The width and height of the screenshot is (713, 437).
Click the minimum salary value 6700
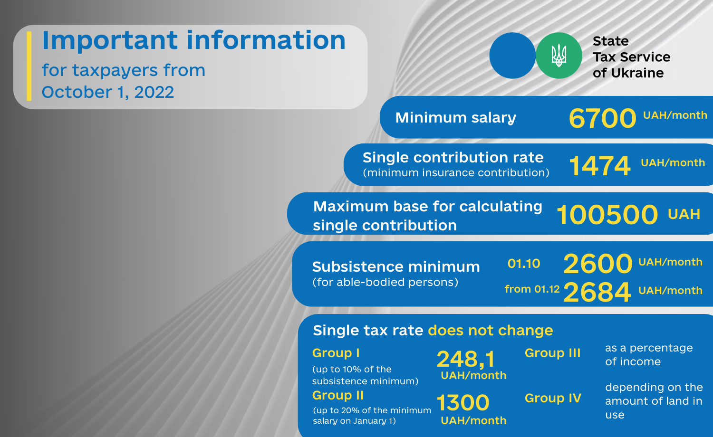point(602,118)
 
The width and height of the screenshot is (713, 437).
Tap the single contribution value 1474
point(599,166)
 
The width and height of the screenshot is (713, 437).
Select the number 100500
point(607,215)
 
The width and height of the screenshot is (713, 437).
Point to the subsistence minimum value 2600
point(597,264)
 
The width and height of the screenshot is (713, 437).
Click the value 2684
point(597,292)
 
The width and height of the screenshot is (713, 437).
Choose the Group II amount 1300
point(463,402)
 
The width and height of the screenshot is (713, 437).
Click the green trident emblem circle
point(559,56)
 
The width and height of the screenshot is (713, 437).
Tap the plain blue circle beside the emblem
point(512,56)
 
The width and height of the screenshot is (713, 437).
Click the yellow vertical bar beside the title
point(29,66)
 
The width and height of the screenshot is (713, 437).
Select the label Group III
point(552,353)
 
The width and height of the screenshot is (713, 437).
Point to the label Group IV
point(553,398)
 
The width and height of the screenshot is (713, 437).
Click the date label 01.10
point(524,263)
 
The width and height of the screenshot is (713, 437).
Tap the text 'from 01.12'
point(532,289)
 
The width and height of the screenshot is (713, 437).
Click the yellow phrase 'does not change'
point(491,331)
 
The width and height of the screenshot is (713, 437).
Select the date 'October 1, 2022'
point(108,92)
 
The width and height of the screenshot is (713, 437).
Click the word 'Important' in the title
point(110,41)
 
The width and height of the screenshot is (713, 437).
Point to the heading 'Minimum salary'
point(455,118)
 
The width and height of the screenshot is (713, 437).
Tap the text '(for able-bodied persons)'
point(385,282)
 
